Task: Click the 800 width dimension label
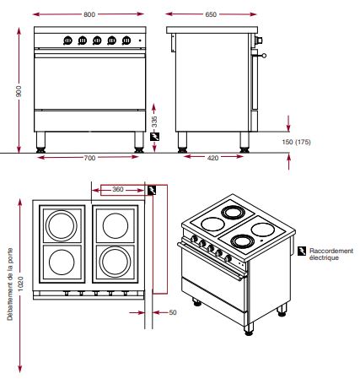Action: [89, 14]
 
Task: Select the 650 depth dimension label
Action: [211, 14]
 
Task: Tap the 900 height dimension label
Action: [19, 91]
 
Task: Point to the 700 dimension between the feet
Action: [89, 158]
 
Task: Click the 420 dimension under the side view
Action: [212, 158]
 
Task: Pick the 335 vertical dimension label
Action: [154, 122]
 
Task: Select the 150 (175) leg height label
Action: [297, 142]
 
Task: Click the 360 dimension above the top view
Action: [118, 189]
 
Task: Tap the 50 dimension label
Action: [173, 312]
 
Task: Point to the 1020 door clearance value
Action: [20, 284]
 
